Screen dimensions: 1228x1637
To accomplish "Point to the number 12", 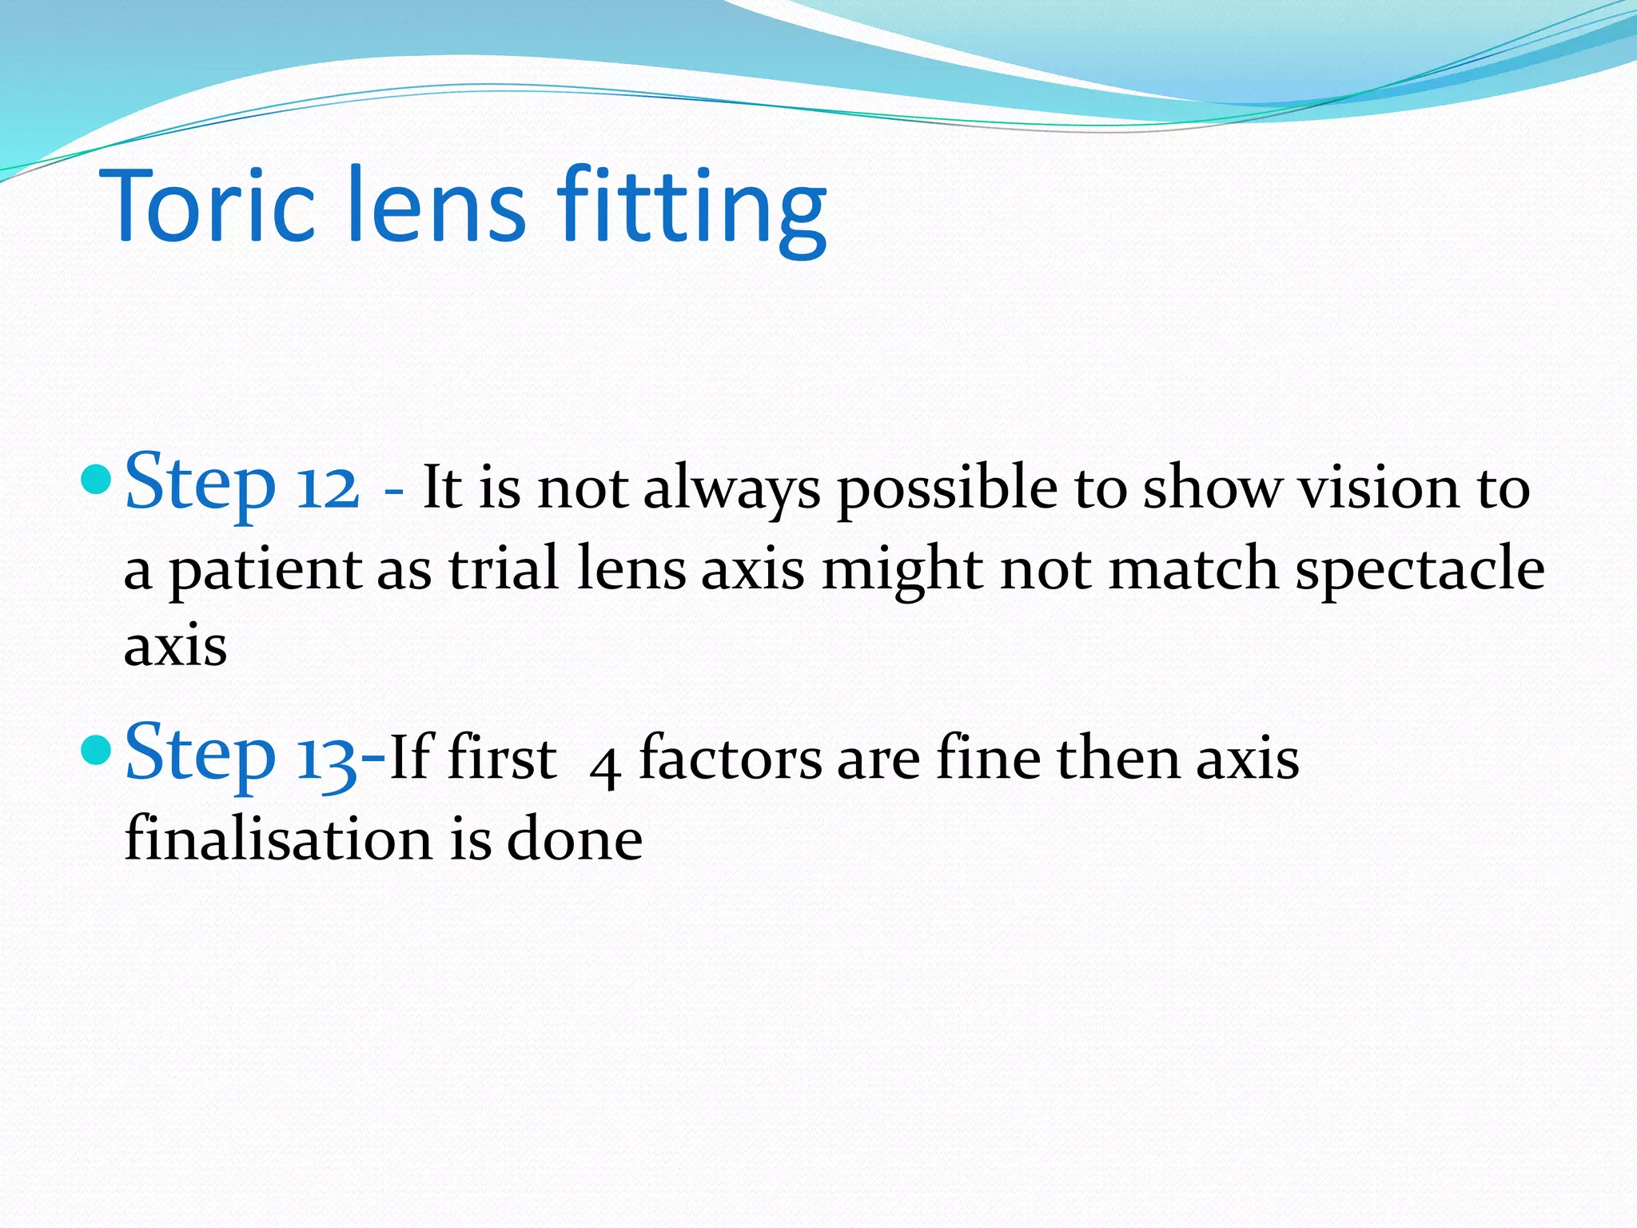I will (x=327, y=487).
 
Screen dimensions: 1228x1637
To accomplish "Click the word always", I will (x=731, y=489).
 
